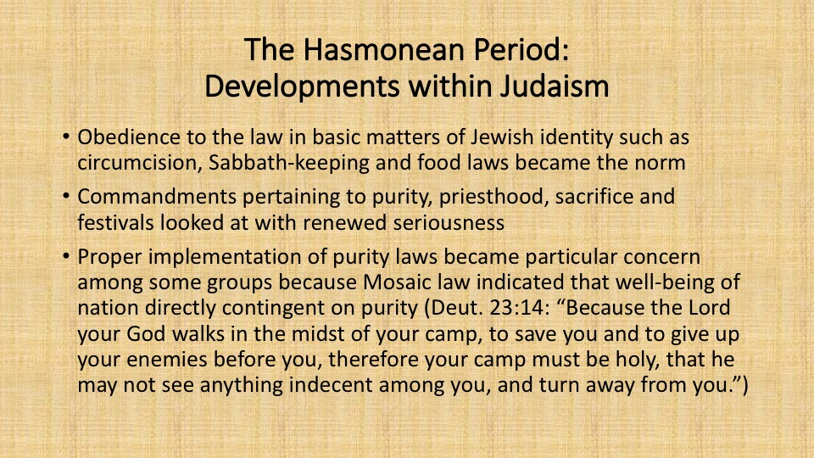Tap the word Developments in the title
[302, 87]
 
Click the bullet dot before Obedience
[65, 137]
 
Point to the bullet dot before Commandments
[65, 196]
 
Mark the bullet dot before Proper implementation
[65, 256]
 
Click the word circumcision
[140, 163]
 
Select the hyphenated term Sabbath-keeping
[289, 163]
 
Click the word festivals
[116, 223]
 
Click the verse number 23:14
[519, 308]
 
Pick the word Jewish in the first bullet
[503, 137]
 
